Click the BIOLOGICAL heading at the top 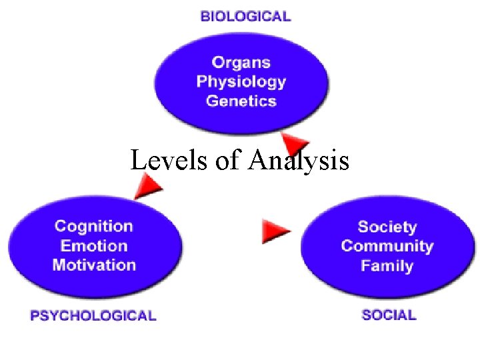245,16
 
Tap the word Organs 241,63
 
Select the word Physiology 241,82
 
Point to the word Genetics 241,101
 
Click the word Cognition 93,227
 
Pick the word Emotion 93,245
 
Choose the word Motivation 93,265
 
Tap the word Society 387,227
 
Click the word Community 387,246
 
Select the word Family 387,265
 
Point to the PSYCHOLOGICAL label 93,316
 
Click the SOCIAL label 389,315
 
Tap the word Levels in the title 169,161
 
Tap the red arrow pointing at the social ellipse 276,230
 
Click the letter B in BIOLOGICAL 205,16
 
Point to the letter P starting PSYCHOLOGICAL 35,316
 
